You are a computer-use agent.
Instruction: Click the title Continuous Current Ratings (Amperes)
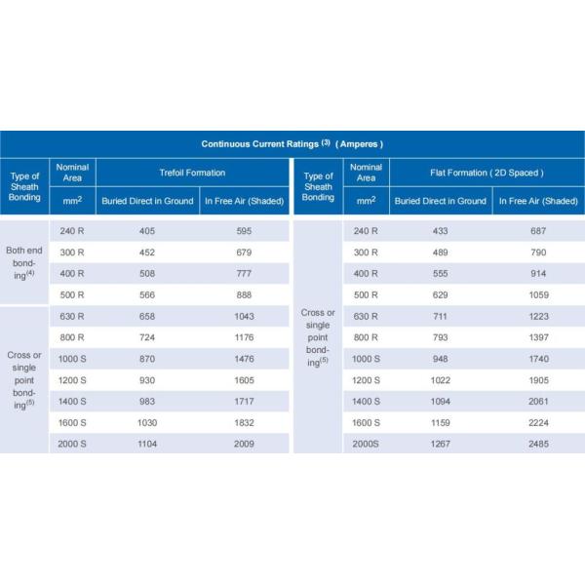[292, 144]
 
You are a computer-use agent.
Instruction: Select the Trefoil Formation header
[194, 173]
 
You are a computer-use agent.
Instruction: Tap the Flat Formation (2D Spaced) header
[487, 173]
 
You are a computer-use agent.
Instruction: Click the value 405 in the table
[147, 231]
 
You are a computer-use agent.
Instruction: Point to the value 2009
[244, 444]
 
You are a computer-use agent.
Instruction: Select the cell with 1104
[147, 444]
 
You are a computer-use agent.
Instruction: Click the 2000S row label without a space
[366, 444]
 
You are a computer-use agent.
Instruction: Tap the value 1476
[244, 359]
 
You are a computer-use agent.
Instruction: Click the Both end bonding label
[24, 263]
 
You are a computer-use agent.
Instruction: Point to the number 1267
[439, 444]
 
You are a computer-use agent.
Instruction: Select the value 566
[147, 294]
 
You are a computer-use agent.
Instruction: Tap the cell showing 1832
[244, 422]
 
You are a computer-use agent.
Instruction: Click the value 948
[439, 359]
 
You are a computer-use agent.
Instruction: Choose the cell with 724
[147, 337]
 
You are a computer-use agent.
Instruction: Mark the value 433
[439, 231]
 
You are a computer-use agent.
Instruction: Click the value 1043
[244, 316]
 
